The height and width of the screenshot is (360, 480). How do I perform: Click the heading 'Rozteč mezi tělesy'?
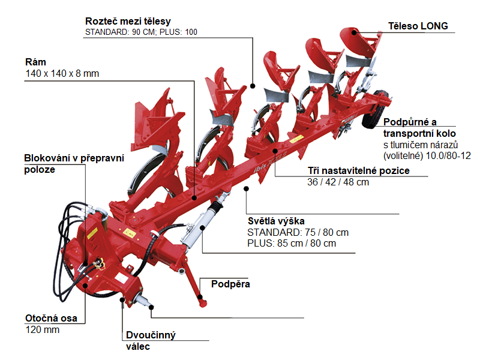pos(128,22)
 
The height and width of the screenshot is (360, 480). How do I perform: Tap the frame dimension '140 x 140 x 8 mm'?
pos(62,73)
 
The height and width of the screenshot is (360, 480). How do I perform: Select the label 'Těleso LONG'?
pos(418,26)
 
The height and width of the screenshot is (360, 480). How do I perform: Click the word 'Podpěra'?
pos(230,284)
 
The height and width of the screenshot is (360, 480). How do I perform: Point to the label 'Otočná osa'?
pos(51,319)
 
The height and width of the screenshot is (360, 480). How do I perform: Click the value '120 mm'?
pos(43,329)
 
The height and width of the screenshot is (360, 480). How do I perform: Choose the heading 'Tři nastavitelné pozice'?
pos(358,170)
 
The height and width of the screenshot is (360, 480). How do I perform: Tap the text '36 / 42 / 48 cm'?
pos(338,182)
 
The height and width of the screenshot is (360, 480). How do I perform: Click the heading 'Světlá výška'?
pos(276,221)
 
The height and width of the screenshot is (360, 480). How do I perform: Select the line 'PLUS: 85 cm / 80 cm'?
pos(292,244)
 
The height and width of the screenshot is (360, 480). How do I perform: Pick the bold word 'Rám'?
pos(35,62)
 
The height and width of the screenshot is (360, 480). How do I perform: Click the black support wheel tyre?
pos(375,109)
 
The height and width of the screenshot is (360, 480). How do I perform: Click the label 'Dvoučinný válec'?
pos(151,341)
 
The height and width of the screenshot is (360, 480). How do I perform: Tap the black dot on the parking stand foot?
pos(200,297)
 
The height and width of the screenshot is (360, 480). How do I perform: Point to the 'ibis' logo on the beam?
pos(260,167)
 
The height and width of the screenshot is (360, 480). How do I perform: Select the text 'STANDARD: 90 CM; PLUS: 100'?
pos(141,32)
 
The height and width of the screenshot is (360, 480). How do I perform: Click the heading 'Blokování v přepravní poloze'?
pos(74,164)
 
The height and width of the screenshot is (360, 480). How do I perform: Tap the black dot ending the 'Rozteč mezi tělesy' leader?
pos(253,86)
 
